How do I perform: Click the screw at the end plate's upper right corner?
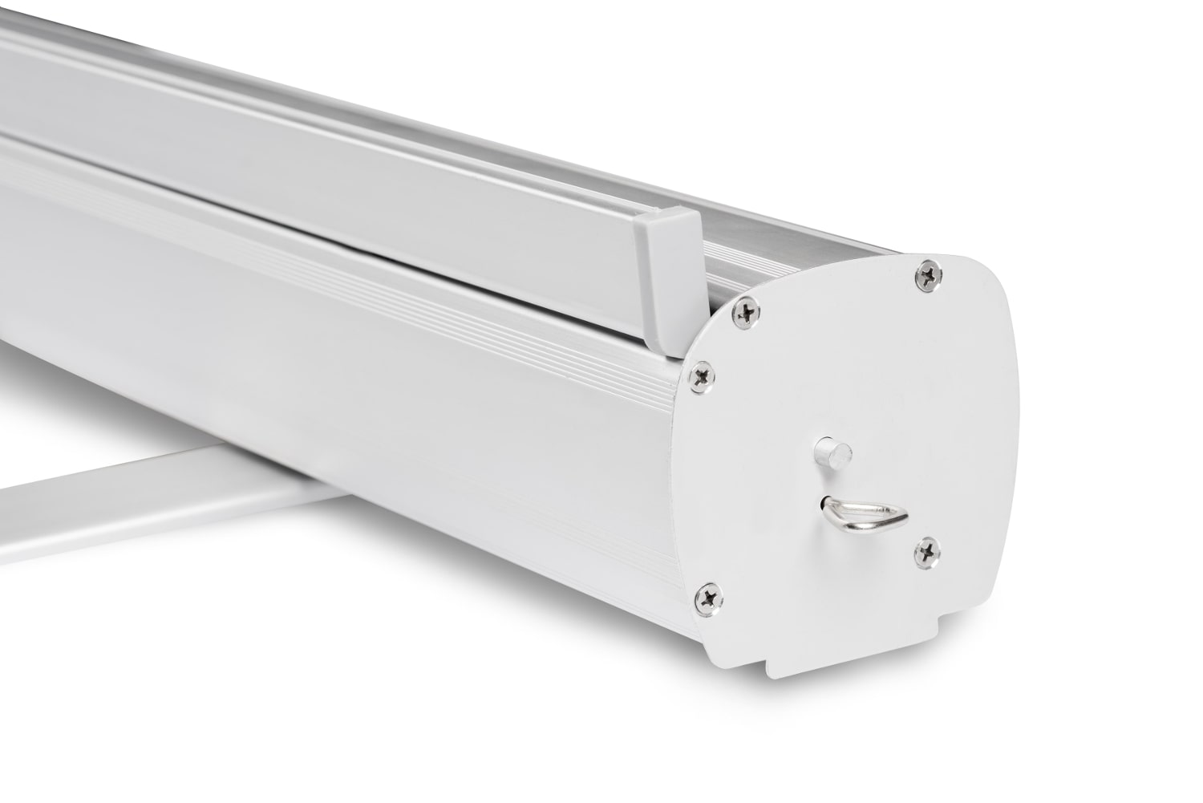(x=930, y=275)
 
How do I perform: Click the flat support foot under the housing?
(x=160, y=489)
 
